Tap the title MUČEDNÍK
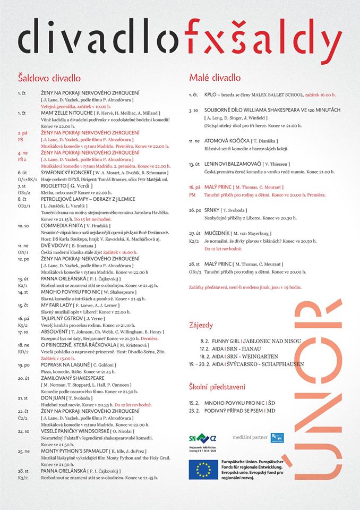pos(217,233)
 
